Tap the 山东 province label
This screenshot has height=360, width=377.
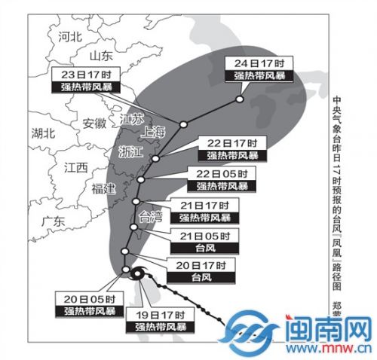pyautogui.click(x=100, y=56)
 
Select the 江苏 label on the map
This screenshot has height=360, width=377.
pyautogui.click(x=132, y=118)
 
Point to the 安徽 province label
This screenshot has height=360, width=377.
pyautogui.click(x=94, y=124)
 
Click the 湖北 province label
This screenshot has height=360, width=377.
pyautogui.click(x=43, y=134)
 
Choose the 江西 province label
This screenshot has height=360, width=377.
pyautogui.click(x=76, y=166)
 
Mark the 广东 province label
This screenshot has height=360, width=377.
pyautogui.click(x=54, y=221)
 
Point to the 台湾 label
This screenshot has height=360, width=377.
pyautogui.click(x=152, y=218)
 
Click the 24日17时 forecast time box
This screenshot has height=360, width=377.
pyautogui.click(x=258, y=63)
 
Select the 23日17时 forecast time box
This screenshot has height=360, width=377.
pyautogui.click(x=84, y=75)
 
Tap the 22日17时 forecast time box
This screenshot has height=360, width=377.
pyautogui.click(x=232, y=142)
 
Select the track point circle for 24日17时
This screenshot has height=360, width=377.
pyautogui.click(x=239, y=99)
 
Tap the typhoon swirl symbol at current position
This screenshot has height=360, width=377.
pyautogui.click(x=136, y=275)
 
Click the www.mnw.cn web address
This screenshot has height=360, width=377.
pyautogui.click(x=328, y=350)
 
